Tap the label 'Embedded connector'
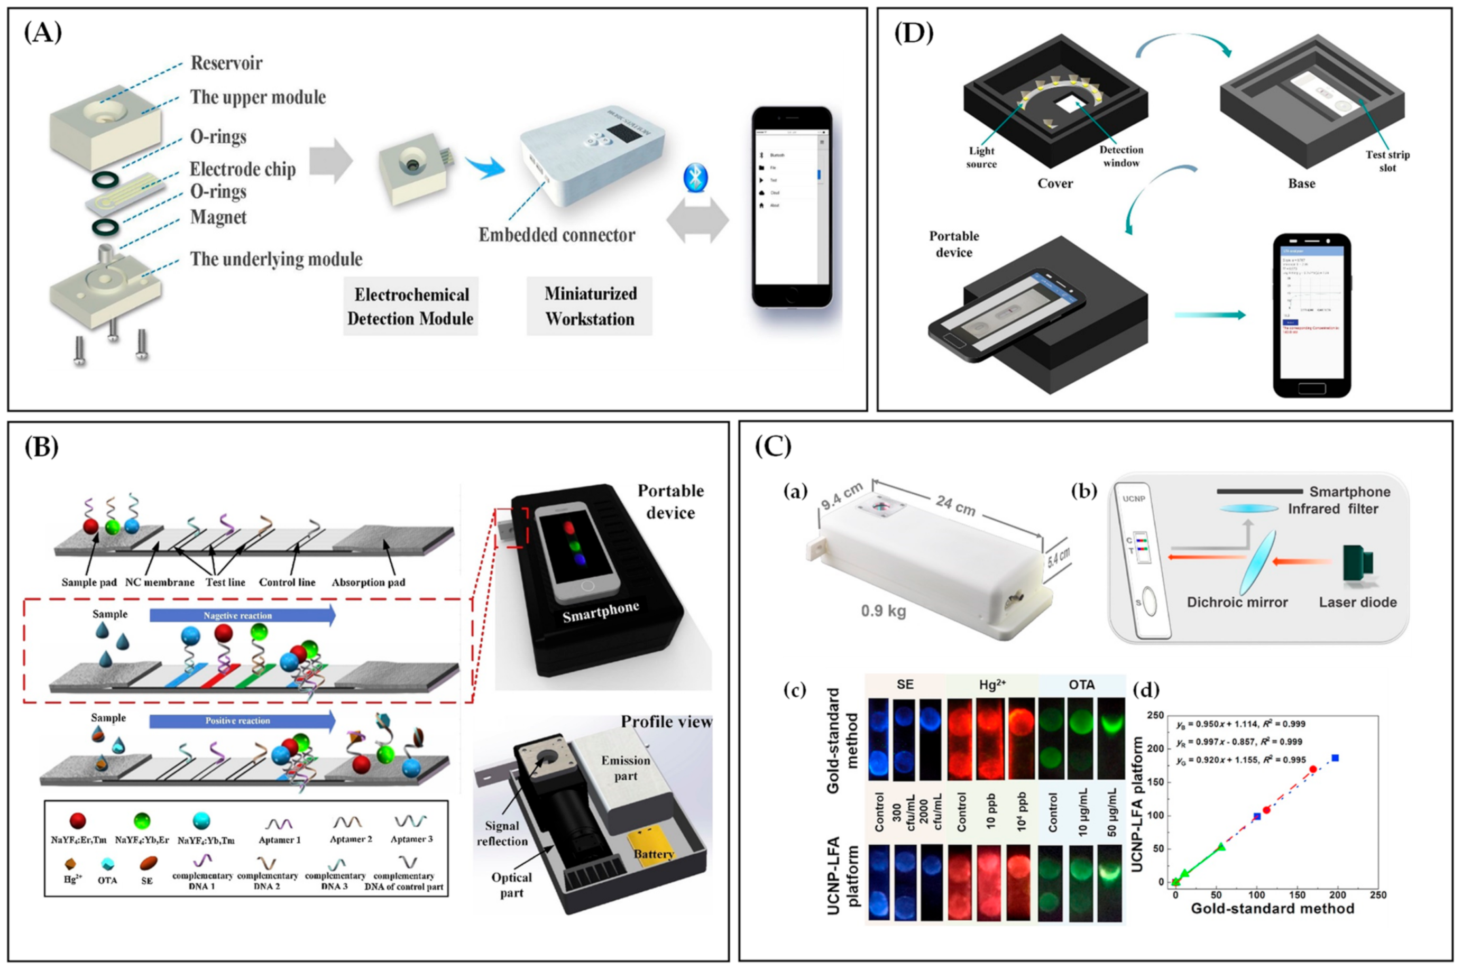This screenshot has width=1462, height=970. pyautogui.click(x=556, y=235)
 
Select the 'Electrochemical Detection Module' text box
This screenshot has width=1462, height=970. pyautogui.click(x=410, y=306)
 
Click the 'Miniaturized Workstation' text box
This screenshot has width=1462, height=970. pyautogui.click(x=590, y=306)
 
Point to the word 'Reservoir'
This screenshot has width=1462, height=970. pyautogui.click(x=226, y=63)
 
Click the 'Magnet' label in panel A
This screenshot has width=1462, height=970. pyautogui.click(x=218, y=218)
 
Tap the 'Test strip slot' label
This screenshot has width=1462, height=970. pyautogui.click(x=1387, y=161)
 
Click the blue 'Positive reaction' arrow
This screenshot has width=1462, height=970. pyautogui.click(x=241, y=720)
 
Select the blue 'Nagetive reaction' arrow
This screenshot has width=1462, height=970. pyautogui.click(x=241, y=615)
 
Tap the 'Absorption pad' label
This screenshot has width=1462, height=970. pyautogui.click(x=368, y=582)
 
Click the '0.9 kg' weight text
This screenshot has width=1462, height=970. pyautogui.click(x=883, y=611)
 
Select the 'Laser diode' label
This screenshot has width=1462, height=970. pyautogui.click(x=1357, y=603)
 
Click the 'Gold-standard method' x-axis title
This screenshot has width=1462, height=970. pyautogui.click(x=1272, y=909)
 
